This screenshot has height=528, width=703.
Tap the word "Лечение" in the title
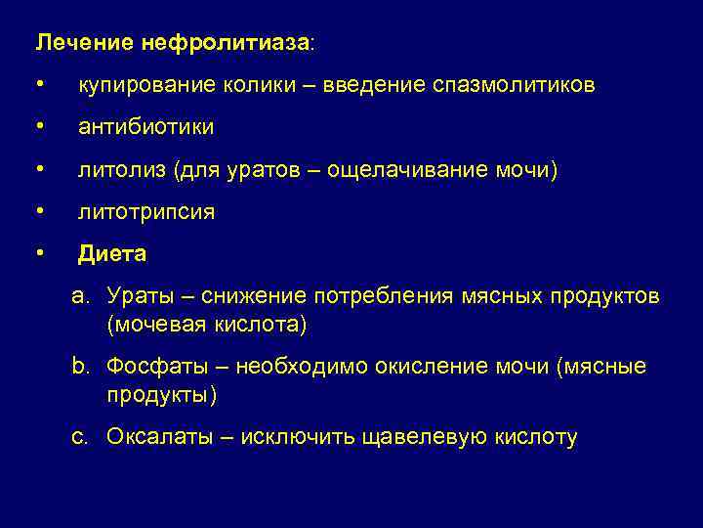tap(73, 44)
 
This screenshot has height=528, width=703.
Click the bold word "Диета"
tap(112, 254)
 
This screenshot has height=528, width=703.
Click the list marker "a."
tap(80, 296)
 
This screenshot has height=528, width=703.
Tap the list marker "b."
tap(80, 367)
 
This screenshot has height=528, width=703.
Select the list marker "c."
tap(80, 437)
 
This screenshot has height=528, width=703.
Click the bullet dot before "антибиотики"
tap(39, 127)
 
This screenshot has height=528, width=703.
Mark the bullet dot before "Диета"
tap(39, 253)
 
